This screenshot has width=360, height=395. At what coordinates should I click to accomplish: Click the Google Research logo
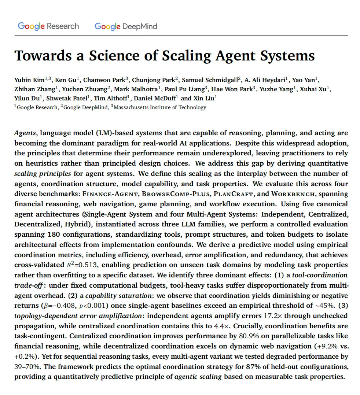click(48, 26)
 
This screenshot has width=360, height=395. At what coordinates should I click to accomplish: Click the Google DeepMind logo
click(126, 26)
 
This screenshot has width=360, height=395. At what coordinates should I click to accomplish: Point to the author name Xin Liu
click(203, 98)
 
